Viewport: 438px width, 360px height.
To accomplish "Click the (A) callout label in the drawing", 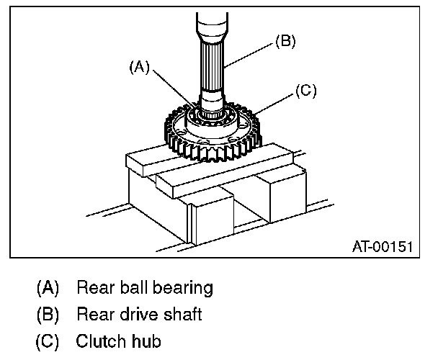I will coord(139,68).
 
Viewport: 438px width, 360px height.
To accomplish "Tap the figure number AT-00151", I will coord(383,246).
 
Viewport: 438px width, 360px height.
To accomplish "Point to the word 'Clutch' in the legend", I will coord(100,340).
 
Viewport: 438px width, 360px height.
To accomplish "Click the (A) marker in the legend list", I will coord(48,289).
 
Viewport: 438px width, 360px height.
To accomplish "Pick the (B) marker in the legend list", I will coord(48,315).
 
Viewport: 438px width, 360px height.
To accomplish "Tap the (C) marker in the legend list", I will coord(48,340).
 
